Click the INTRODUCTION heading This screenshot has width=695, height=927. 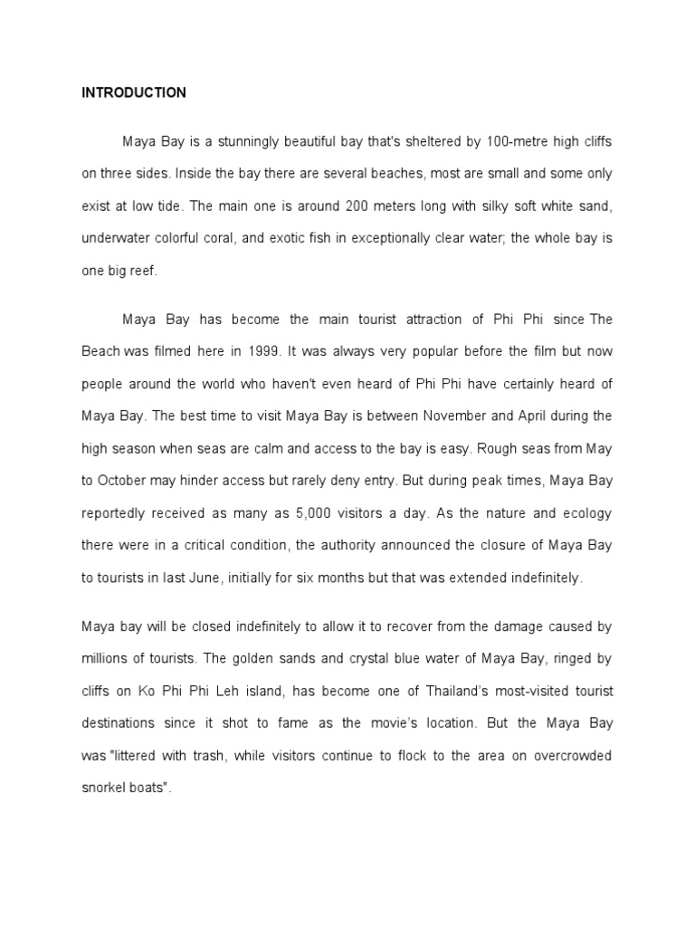point(134,92)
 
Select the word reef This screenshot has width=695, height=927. point(143,271)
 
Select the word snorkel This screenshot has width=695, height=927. point(103,788)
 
